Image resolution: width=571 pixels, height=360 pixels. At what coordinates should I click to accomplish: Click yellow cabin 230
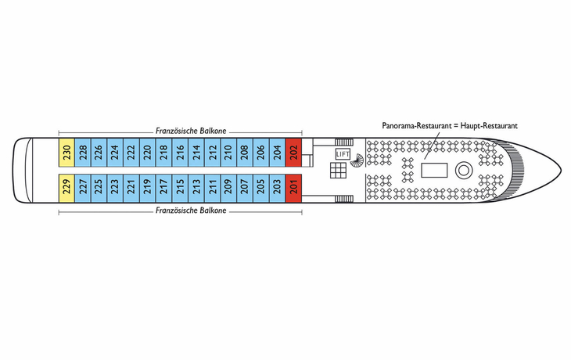pyautogui.click(x=66, y=153)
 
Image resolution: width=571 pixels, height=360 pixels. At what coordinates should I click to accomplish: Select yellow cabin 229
pyautogui.click(x=66, y=189)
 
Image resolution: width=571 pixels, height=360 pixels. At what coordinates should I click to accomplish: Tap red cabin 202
pyautogui.click(x=294, y=153)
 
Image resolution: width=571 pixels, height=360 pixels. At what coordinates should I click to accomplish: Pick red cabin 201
pyautogui.click(x=294, y=189)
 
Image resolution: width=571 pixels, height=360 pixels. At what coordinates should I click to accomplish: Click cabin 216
pyautogui.click(x=180, y=153)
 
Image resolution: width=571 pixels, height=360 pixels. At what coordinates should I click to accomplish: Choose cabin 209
pyautogui.click(x=228, y=189)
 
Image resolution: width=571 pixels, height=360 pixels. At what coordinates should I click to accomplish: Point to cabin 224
pyautogui.click(x=115, y=153)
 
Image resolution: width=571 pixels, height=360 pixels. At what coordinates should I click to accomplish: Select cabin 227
pyautogui.click(x=83, y=189)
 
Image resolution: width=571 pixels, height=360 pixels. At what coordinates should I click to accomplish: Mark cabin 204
pyautogui.click(x=278, y=153)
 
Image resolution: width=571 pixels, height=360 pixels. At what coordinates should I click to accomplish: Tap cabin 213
pyautogui.click(x=196, y=189)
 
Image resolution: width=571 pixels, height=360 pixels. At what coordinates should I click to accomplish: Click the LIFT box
pyautogui.click(x=343, y=154)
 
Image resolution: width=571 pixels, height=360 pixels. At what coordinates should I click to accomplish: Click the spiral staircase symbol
pyautogui.click(x=357, y=160)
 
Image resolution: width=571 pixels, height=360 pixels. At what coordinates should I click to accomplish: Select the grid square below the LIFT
pyautogui.click(x=339, y=170)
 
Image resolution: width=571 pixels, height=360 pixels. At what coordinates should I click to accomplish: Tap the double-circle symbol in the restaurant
pyautogui.click(x=464, y=170)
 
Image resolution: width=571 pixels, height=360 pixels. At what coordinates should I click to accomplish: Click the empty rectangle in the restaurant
pyautogui.click(x=434, y=170)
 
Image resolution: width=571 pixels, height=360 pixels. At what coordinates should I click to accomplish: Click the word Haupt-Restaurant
pyautogui.click(x=489, y=126)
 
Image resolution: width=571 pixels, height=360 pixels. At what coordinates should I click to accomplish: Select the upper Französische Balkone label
pyautogui.click(x=191, y=131)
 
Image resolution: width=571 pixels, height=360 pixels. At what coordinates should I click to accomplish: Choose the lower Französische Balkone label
pyautogui.click(x=191, y=211)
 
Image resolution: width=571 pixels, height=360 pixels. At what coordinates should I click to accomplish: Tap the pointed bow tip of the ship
pyautogui.click(x=561, y=170)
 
